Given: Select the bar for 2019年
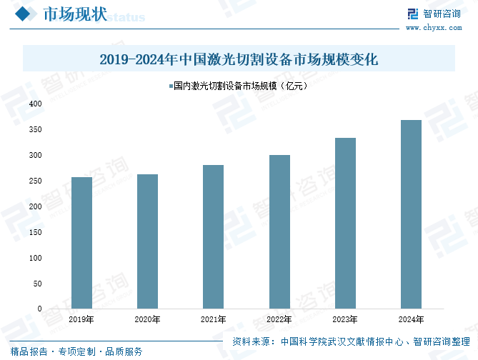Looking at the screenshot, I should click(81, 243).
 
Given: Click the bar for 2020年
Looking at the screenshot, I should click(147, 241).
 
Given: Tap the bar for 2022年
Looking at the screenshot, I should click(279, 231).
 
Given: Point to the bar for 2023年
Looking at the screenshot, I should click(345, 223).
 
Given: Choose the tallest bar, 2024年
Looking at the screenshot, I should click(411, 214).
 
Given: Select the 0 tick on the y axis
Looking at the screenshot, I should click(40, 309).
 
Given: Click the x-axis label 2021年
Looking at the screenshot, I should click(213, 319).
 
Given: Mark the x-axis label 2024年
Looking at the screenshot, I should click(411, 319).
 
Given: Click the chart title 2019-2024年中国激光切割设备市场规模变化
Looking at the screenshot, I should click(239, 59).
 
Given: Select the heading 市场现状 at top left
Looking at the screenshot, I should click(75, 15).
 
